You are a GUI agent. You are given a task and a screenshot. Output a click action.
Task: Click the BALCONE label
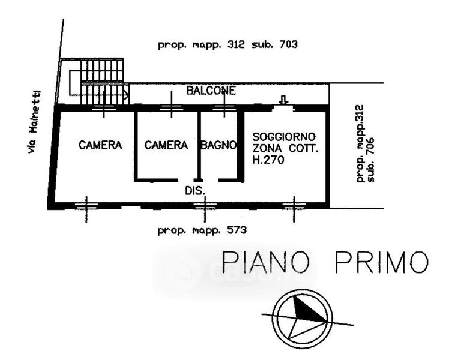coord(211,91)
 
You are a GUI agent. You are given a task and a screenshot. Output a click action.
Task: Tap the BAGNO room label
coord(219,145)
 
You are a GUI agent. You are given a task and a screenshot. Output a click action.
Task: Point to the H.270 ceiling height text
coord(268,160)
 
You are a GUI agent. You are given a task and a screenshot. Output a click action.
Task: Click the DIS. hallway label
coord(194,190)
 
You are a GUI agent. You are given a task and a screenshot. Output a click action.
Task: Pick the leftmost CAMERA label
coord(100,145)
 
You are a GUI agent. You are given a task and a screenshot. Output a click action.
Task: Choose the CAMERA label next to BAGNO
coord(166,145)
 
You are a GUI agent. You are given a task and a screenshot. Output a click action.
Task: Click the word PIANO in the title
coord(266,262)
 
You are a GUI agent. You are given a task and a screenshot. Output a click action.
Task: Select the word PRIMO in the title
coord(382,262)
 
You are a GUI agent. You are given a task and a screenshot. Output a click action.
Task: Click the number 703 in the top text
coord(287,44)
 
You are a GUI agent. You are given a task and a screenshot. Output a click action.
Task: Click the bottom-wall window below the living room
coord(294,206)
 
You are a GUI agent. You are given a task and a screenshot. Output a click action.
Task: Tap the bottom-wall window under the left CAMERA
coord(86,206)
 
